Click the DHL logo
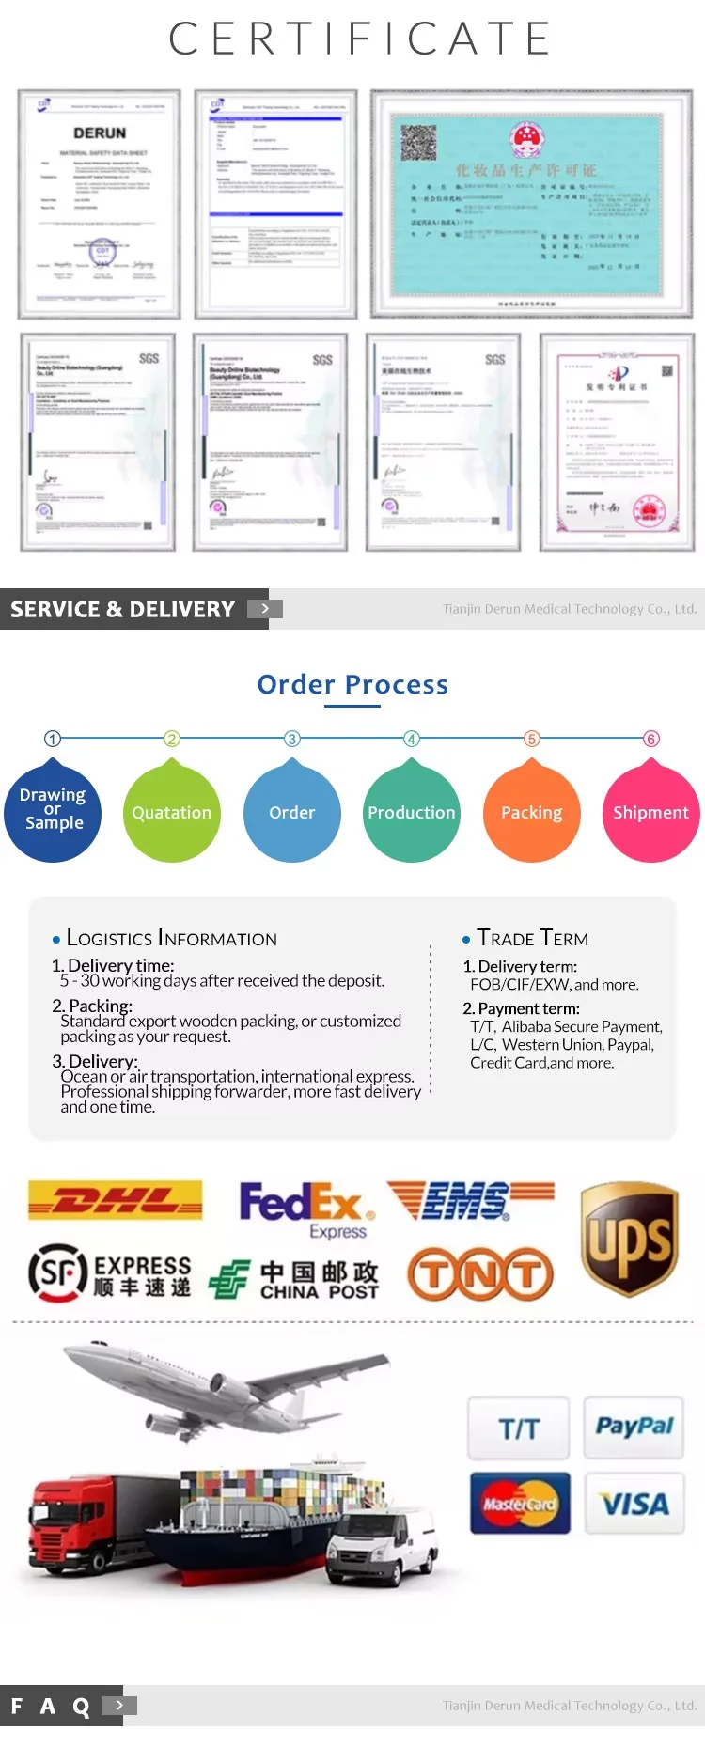click(x=116, y=1200)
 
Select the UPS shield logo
click(x=629, y=1238)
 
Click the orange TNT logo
click(x=480, y=1273)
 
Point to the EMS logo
click(x=470, y=1200)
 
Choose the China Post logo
click(x=293, y=1279)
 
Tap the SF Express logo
click(x=110, y=1272)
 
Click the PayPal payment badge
click(x=634, y=1427)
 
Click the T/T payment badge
click(x=519, y=1428)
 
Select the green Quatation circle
click(x=171, y=813)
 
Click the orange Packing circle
click(x=531, y=813)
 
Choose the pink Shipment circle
click(x=650, y=813)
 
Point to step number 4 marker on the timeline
click(x=412, y=739)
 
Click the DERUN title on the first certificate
click(x=100, y=133)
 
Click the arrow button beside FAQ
click(x=119, y=1705)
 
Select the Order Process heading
click(x=352, y=685)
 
